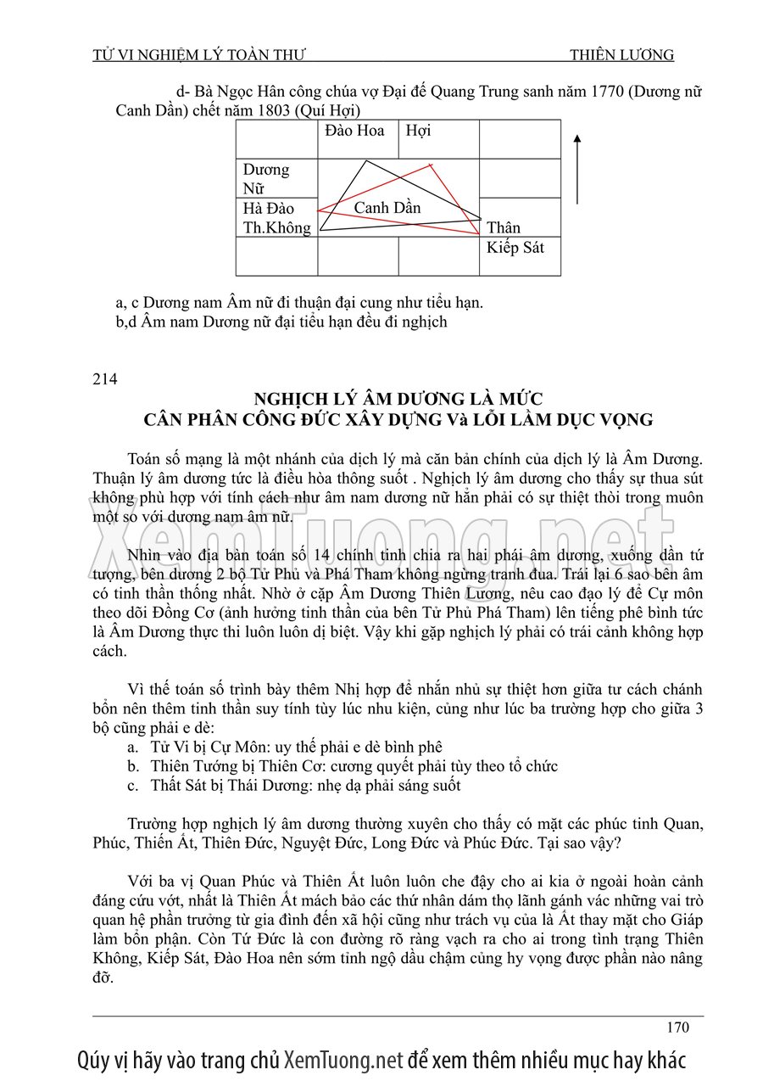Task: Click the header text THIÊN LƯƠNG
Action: tap(621, 55)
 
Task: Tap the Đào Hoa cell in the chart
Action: tap(354, 131)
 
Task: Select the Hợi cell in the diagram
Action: tap(418, 131)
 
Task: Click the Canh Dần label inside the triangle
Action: tap(387, 208)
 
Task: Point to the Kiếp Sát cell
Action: tap(515, 249)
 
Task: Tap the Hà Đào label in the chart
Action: tap(268, 209)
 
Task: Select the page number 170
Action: tap(677, 1028)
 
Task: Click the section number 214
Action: tap(105, 378)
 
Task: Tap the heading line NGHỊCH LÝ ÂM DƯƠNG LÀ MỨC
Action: tap(398, 399)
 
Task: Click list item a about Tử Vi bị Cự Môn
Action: tap(284, 748)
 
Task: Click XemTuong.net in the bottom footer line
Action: tap(343, 1060)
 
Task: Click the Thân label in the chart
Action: tap(504, 227)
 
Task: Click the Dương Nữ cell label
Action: tap(266, 179)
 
